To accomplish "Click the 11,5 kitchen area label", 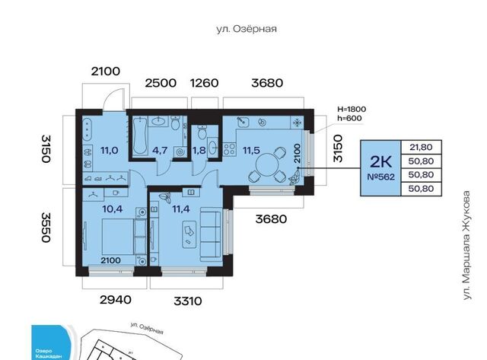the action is pos(251,151).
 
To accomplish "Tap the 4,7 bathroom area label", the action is pos(160,151).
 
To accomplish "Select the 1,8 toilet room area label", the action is pos(199,151).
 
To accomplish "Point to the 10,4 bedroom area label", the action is pos(112,209).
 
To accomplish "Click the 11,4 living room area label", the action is pos(181,209).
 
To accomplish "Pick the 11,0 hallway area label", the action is pos(110,151).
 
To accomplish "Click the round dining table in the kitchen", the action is pos(266,166).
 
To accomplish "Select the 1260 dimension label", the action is pos(204,83).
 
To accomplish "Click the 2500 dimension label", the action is pos(161,83).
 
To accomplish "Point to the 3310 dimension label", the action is pos(188,301).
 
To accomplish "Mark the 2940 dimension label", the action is pos(115,300).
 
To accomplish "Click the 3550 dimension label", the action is pos(46,227).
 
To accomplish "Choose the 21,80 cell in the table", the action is pos(421,147).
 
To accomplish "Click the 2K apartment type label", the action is pos(380,161).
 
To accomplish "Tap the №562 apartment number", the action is pos(380,177).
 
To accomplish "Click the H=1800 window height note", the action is pos(352,109).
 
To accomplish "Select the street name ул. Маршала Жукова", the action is pos(466,245).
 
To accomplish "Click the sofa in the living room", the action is pos(211,234).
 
